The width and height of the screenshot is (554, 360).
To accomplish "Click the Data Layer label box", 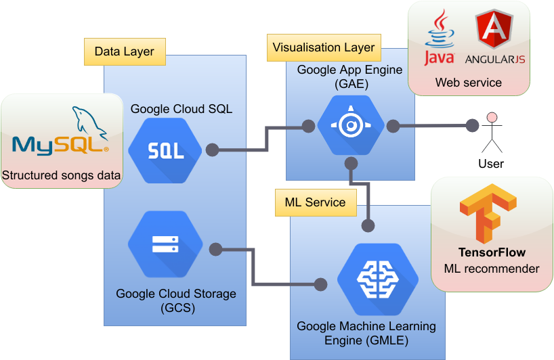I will (x=125, y=51).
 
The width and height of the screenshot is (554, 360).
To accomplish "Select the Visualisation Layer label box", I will (x=324, y=48).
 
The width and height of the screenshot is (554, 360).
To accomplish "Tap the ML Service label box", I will (x=315, y=202).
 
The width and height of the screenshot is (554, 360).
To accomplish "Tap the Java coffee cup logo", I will (x=439, y=38).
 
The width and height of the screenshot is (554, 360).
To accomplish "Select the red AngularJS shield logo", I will (x=495, y=32).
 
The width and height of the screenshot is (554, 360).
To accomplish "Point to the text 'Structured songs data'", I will (x=62, y=176).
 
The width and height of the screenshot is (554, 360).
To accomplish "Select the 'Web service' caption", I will (x=468, y=83).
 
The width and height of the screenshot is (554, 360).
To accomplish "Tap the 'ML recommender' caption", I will (x=492, y=269).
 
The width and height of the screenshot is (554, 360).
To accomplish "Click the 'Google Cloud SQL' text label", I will (x=182, y=108).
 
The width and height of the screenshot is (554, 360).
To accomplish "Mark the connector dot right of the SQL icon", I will (x=212, y=150).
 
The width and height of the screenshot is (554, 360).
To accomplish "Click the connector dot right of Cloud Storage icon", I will (x=216, y=249).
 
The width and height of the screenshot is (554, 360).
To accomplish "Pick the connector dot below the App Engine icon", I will (x=351, y=163).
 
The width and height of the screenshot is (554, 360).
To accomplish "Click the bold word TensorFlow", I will (x=492, y=252).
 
